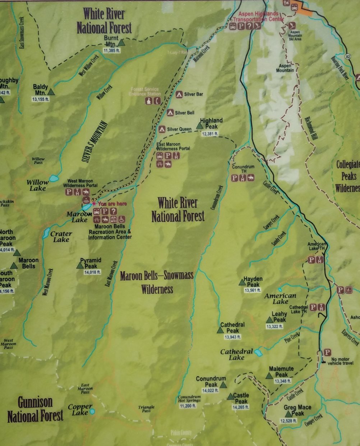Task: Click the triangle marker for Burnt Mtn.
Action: pos(121,43)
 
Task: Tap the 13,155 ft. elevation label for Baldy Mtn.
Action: pos(41,99)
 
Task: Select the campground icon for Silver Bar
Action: pos(179,95)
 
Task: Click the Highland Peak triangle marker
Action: pos(200,126)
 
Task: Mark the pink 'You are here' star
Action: pos(94,204)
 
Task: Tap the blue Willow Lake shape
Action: pos(54,178)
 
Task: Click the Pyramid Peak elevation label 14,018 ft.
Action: pos(92,272)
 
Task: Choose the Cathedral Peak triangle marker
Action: pos(220,330)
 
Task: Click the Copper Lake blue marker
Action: pos(92,411)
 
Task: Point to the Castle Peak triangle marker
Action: pos(230,397)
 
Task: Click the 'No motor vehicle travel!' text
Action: pos(340,361)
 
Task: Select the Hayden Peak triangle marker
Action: pos(242,283)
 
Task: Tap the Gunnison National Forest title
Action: pos(35,409)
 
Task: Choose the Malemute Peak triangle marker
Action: pos(269,376)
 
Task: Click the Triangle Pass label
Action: pos(146,409)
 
